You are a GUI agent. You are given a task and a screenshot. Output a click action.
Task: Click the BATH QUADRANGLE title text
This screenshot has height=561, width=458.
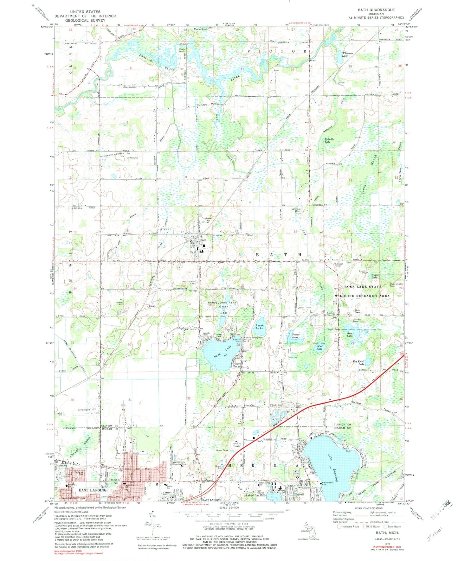(377, 10)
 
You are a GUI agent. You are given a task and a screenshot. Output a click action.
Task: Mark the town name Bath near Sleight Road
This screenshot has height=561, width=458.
(203, 240)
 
